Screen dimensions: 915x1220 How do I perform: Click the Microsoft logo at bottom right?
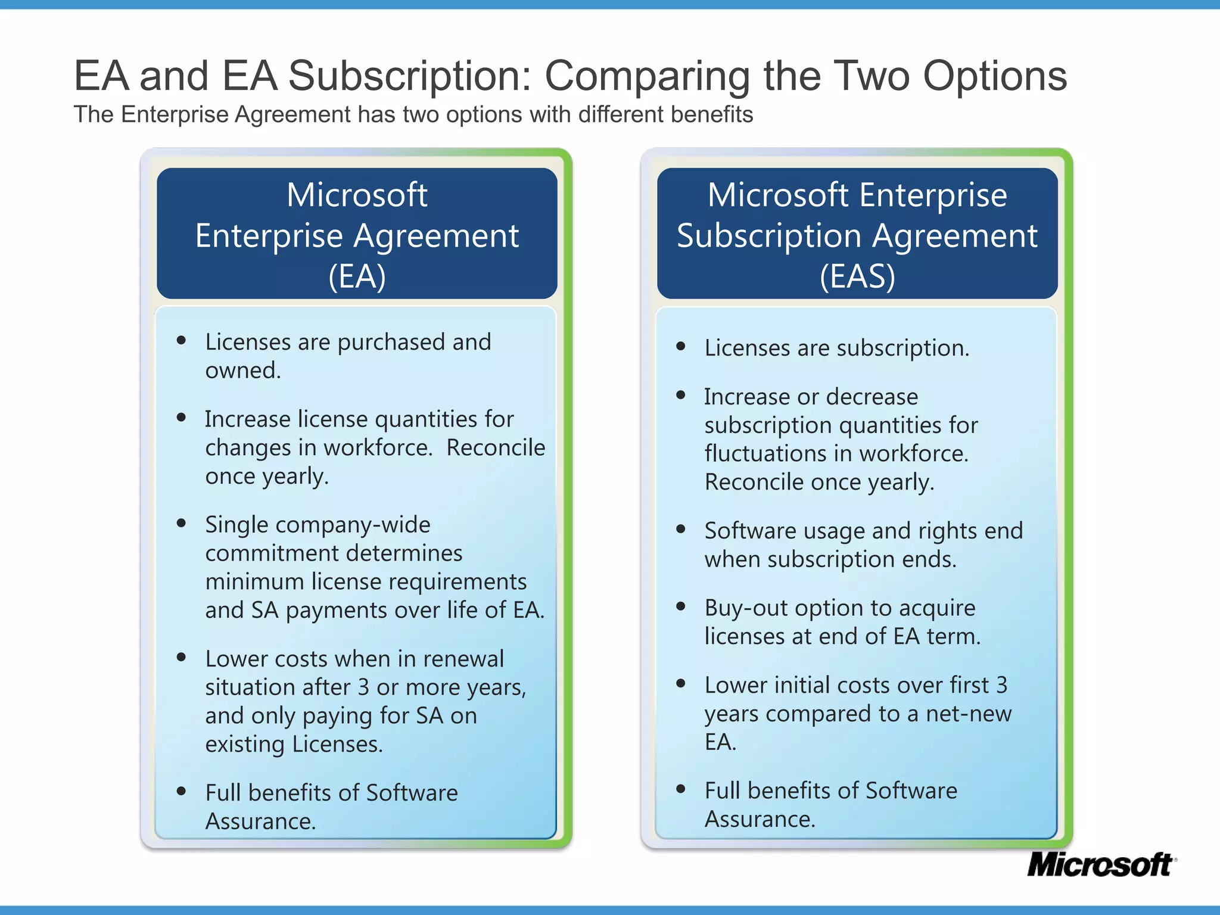(1101, 865)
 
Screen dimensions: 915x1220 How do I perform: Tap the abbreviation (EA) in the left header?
(357, 276)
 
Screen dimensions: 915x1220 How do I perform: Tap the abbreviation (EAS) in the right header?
(857, 276)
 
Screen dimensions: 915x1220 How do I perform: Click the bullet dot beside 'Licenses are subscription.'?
(681, 346)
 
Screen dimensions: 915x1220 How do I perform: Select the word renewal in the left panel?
(463, 659)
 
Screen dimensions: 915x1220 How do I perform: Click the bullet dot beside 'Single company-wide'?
(182, 523)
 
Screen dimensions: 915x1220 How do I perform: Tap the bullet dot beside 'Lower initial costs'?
(681, 683)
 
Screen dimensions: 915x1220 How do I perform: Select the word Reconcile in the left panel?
(496, 448)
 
